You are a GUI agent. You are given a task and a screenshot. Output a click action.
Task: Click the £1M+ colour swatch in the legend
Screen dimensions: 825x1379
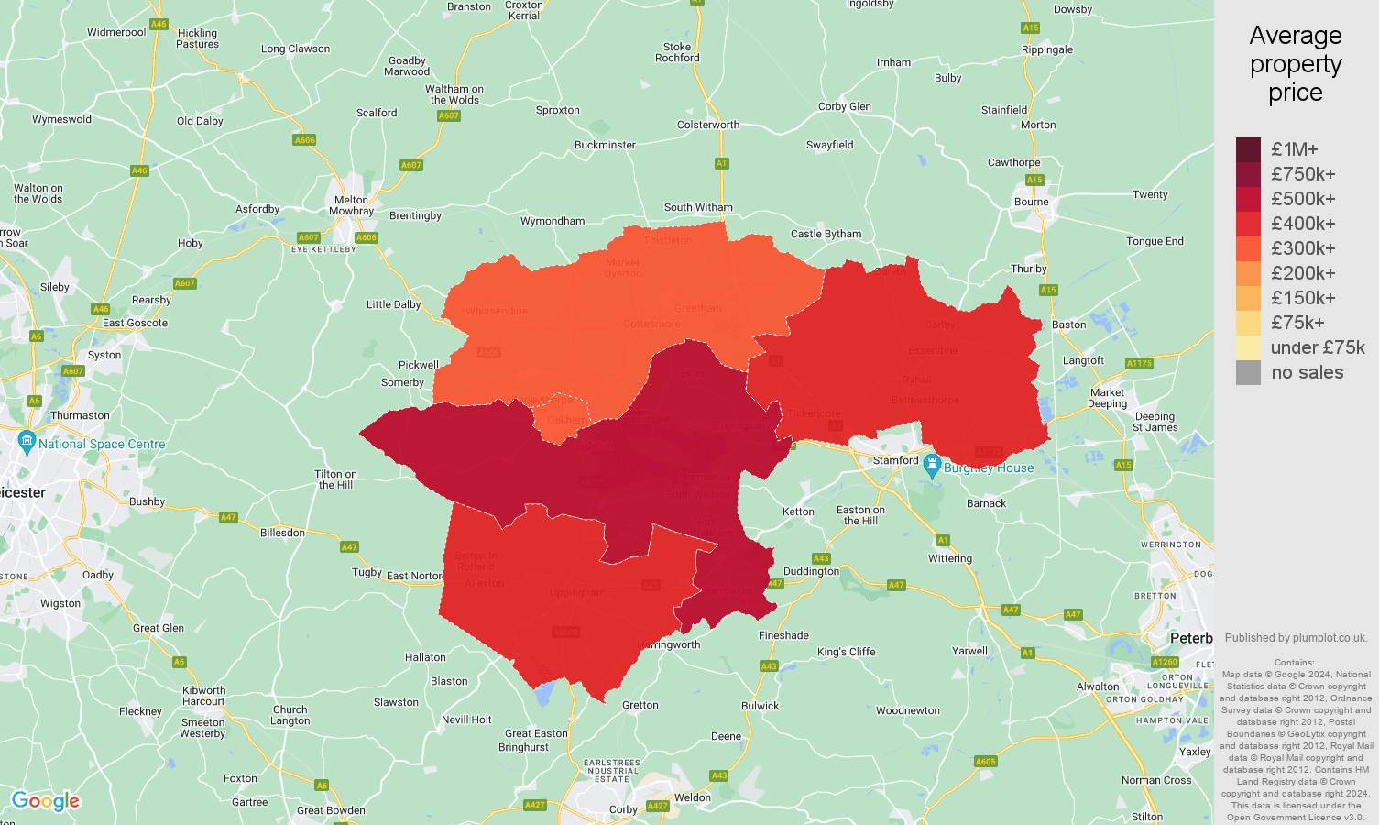[1248, 149]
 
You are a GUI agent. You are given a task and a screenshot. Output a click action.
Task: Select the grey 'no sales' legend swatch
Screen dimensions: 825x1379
[1248, 372]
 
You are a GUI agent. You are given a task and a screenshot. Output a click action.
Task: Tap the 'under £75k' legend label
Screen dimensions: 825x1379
[1317, 347]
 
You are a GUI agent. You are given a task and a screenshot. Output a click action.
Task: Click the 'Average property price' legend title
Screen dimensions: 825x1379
[1295, 64]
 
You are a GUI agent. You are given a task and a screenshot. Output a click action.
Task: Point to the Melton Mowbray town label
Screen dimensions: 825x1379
[351, 205]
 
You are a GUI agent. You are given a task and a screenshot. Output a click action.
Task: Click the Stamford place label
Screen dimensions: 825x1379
[894, 460]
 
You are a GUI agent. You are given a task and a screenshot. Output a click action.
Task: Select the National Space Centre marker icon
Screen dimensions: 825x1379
[27, 442]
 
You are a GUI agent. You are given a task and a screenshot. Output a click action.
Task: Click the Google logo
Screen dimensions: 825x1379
[46, 801]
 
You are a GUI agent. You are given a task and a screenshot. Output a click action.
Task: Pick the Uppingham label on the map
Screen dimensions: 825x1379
[577, 592]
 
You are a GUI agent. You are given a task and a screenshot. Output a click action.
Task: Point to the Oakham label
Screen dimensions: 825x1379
[568, 420]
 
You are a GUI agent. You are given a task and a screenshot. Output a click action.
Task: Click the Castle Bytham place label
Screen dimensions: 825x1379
[826, 234]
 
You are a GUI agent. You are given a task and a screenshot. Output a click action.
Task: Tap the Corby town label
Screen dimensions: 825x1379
[623, 809]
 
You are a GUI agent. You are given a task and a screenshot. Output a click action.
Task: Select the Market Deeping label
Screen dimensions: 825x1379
[1107, 398]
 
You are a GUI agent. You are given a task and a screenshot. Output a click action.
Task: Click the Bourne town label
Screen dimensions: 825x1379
[1031, 202]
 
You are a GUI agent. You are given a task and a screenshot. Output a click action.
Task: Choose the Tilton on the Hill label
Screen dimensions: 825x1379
[335, 479]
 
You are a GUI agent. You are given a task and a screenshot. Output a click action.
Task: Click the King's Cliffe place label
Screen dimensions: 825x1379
[846, 652]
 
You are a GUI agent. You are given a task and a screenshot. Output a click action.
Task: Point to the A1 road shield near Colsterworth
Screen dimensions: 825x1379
[721, 163]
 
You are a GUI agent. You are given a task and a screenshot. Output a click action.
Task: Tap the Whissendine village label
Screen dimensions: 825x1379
[497, 311]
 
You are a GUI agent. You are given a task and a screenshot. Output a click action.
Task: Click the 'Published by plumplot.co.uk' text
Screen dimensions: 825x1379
[1296, 638]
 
